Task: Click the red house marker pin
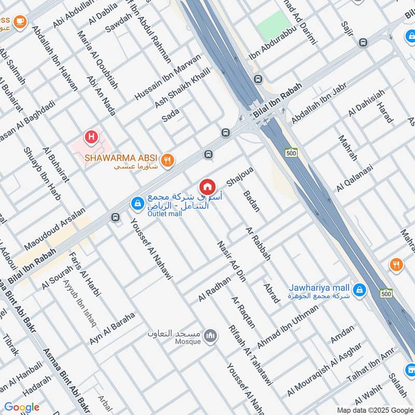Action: coord(207,186)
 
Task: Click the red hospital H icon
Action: coord(92,137)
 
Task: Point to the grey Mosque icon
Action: coord(210,337)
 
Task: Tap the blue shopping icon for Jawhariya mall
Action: coord(358,289)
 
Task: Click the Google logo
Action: coord(22,407)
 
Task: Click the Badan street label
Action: coord(252,201)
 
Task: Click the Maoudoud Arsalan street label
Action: coord(53,229)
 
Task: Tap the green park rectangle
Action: coord(274,26)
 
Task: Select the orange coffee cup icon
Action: coord(20,21)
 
